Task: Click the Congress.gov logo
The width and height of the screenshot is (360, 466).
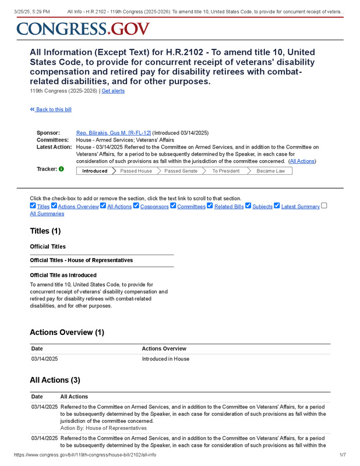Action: (83, 29)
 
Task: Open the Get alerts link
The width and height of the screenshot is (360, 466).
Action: (113, 91)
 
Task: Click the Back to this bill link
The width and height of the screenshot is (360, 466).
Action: (51, 110)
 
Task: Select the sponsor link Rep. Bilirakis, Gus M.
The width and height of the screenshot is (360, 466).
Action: (114, 133)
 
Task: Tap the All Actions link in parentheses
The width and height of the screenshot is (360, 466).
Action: (302, 161)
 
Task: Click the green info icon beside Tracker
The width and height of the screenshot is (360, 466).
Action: (61, 170)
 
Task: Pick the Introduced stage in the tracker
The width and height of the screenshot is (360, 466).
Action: (94, 171)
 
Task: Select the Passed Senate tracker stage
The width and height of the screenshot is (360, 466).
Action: (181, 171)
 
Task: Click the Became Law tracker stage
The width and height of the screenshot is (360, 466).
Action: (271, 171)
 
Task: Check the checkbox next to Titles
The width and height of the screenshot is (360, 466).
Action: (33, 206)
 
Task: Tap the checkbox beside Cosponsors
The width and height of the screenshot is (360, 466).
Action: (136, 206)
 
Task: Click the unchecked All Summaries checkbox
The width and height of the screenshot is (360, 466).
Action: (324, 206)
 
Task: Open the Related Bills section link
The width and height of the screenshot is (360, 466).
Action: (228, 207)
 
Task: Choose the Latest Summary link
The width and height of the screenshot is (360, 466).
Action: (300, 207)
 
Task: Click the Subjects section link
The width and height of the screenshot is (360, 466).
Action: (262, 207)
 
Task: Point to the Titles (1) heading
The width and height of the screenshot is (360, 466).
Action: (45, 231)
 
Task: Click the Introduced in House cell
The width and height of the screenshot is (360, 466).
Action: (165, 359)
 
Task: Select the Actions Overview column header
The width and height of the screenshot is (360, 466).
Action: (164, 348)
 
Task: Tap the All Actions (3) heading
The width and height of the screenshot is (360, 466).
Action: (55, 380)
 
